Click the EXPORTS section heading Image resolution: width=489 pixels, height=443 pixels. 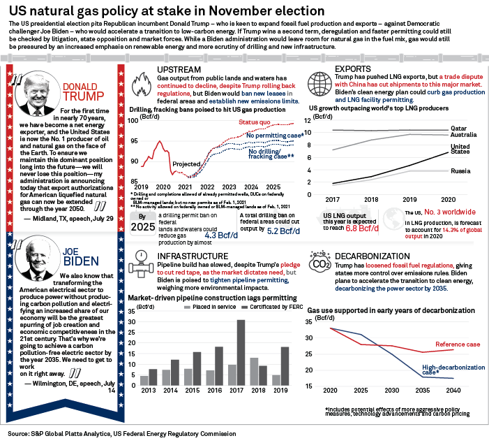[353, 69]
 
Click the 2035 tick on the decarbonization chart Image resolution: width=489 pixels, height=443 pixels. [421, 391]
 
